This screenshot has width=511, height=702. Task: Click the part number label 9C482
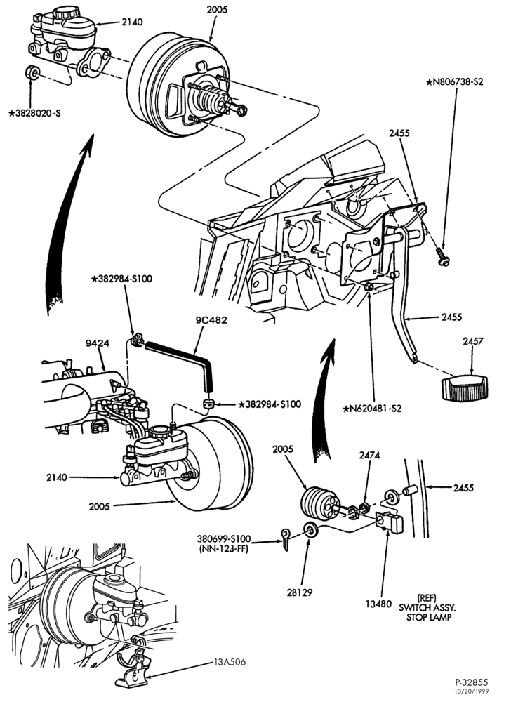pyautogui.click(x=211, y=320)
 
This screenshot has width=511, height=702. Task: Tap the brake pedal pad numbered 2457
pyautogui.click(x=463, y=388)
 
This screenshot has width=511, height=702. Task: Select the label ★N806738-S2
pyautogui.click(x=455, y=82)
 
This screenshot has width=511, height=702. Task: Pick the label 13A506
pyautogui.click(x=230, y=662)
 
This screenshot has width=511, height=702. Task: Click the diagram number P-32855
pyautogui.click(x=472, y=683)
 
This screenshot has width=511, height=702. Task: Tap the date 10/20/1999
pyautogui.click(x=471, y=691)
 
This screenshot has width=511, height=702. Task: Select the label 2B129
pyautogui.click(x=299, y=592)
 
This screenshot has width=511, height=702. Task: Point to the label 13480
pyautogui.click(x=378, y=604)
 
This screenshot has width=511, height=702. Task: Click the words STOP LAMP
pyautogui.click(x=429, y=617)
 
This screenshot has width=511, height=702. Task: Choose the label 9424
pyautogui.click(x=98, y=343)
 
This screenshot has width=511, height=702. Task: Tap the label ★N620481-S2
pyautogui.click(x=372, y=409)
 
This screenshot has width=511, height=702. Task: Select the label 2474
pyautogui.click(x=369, y=456)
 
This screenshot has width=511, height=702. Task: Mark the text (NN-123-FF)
pyautogui.click(x=223, y=548)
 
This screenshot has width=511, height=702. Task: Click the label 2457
pyautogui.click(x=473, y=341)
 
